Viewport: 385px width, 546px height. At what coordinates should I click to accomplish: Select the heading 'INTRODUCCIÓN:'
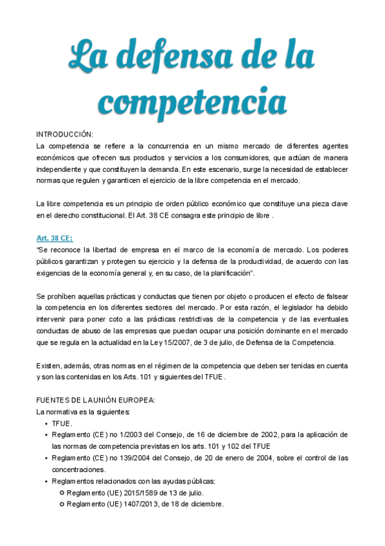click(64, 134)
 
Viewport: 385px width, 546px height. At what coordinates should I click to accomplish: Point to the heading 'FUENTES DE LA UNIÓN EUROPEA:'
click(96, 399)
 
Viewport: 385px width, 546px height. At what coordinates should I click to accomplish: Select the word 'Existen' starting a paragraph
click(48, 366)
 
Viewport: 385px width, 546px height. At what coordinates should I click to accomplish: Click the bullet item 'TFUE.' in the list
click(62, 424)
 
